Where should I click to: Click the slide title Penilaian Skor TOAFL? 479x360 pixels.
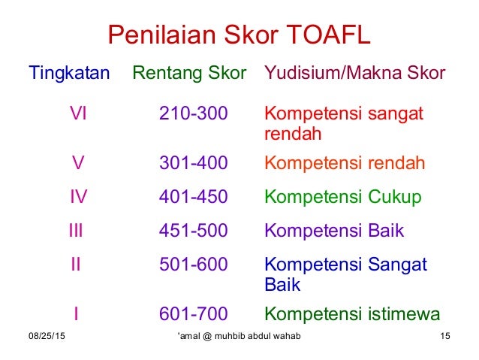pyautogui.click(x=239, y=35)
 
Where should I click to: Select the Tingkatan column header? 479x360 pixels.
pyautogui.click(x=69, y=74)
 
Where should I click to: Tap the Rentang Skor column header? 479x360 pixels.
pyautogui.click(x=189, y=74)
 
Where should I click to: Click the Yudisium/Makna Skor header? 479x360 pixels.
pyautogui.click(x=354, y=74)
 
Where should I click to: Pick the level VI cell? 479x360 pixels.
pyautogui.click(x=77, y=114)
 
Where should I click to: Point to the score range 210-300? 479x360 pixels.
pyautogui.click(x=194, y=114)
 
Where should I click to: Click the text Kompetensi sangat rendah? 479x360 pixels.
pyautogui.click(x=344, y=124)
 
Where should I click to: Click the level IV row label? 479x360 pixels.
pyautogui.click(x=78, y=197)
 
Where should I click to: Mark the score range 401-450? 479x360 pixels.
pyautogui.click(x=194, y=197)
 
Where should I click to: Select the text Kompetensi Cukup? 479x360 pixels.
pyautogui.click(x=342, y=197)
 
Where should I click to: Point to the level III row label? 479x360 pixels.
pyautogui.click(x=76, y=231)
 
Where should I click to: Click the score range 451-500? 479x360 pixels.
pyautogui.click(x=194, y=231)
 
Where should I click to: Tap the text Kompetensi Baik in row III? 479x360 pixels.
pyautogui.click(x=335, y=231)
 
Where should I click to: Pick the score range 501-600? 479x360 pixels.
pyautogui.click(x=194, y=265)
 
